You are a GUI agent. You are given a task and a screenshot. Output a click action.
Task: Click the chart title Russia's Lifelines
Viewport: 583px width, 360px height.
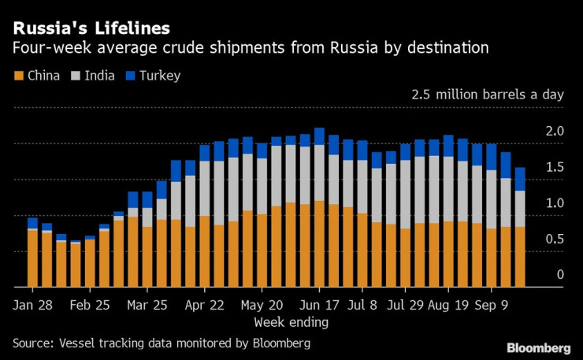click(x=91, y=28)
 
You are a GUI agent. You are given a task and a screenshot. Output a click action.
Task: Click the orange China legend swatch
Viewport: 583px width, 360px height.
click(x=18, y=76)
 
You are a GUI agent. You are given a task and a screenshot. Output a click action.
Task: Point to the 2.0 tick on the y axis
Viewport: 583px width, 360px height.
click(x=555, y=131)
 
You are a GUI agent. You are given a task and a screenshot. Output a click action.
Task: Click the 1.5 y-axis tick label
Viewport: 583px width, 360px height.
click(x=555, y=167)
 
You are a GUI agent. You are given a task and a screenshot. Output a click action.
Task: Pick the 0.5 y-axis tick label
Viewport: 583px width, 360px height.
click(x=555, y=239)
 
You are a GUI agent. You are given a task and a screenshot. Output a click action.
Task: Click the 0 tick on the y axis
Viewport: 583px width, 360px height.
click(x=560, y=275)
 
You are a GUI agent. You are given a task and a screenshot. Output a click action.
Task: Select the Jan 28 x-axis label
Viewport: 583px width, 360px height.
click(x=32, y=304)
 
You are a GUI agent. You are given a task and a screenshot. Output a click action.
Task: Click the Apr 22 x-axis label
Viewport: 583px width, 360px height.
click(x=206, y=304)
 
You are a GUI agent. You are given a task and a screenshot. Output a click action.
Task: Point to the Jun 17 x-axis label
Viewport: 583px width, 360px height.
click(x=321, y=304)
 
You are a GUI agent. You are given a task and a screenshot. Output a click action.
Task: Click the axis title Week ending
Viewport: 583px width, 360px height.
click(x=291, y=322)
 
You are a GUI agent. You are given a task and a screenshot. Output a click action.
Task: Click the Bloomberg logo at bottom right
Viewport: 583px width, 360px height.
click(x=538, y=347)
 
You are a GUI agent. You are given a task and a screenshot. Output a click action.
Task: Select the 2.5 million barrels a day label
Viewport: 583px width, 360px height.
click(x=488, y=95)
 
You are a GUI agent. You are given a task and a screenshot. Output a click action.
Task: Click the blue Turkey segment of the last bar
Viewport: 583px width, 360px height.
click(x=520, y=179)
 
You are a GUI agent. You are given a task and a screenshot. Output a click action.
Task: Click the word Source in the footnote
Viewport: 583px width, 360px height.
click(x=33, y=343)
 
